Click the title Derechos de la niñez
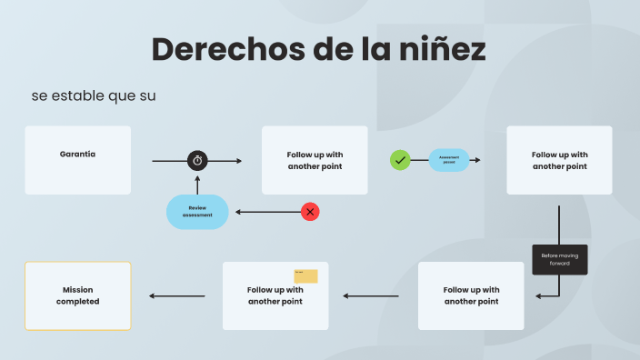click(x=318, y=49)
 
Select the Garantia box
click(x=78, y=160)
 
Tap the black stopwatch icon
click(x=198, y=161)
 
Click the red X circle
click(x=310, y=212)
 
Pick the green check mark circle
click(x=400, y=160)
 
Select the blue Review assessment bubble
click(x=197, y=212)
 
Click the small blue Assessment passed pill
click(x=449, y=160)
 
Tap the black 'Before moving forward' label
click(x=559, y=259)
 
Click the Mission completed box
click(x=78, y=295)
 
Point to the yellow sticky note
click(x=305, y=276)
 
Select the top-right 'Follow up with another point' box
click(x=559, y=160)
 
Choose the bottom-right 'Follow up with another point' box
click(x=471, y=295)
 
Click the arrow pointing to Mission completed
click(x=177, y=295)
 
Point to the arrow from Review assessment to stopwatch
click(x=198, y=183)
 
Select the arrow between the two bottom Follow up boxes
click(x=371, y=295)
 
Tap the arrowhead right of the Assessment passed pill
click(x=477, y=160)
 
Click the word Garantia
click(x=78, y=155)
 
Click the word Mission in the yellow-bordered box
click(x=78, y=289)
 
